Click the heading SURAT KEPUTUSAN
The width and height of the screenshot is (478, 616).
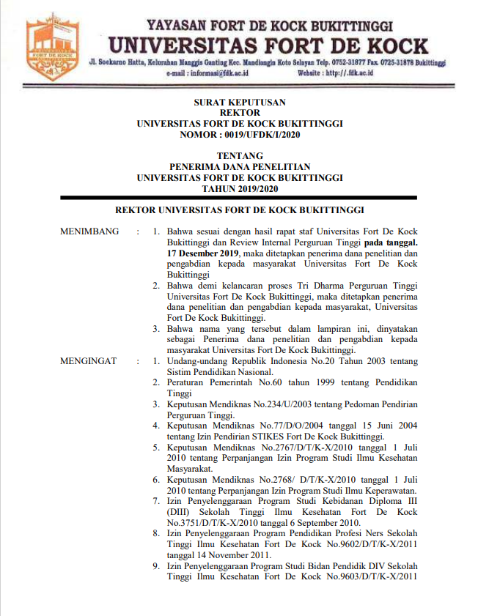coord(240,103)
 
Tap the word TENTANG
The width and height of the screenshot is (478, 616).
coord(240,155)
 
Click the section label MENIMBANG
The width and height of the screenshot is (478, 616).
coord(89,231)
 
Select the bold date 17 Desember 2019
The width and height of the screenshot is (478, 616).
coord(203,253)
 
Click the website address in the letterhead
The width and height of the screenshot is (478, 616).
coord(348,73)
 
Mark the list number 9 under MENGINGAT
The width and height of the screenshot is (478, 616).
coord(155,565)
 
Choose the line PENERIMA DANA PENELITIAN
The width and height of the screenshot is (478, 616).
coord(240,166)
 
